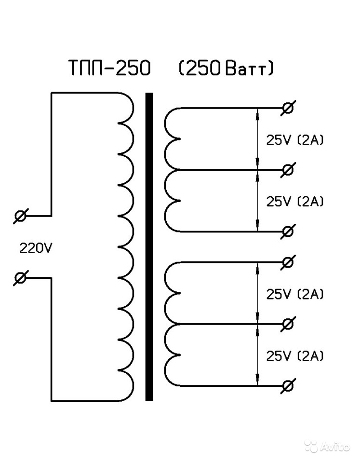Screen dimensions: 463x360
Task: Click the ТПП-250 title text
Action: click(109, 69)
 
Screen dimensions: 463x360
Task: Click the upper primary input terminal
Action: click(21, 216)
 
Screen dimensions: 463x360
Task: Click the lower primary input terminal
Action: click(21, 278)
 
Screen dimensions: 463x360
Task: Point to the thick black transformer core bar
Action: click(149, 246)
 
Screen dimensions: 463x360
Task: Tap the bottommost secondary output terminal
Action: click(288, 386)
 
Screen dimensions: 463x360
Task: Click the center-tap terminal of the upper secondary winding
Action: click(288, 170)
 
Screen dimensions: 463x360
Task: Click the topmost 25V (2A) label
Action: click(295, 140)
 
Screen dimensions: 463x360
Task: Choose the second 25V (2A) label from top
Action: click(295, 201)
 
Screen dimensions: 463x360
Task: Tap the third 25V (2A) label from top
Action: click(295, 294)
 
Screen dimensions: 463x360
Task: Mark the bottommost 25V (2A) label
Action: click(295, 356)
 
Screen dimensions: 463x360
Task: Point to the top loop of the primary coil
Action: click(126, 107)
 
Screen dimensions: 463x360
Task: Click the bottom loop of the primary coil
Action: click(126, 384)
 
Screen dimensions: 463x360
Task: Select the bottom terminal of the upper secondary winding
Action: click(288, 231)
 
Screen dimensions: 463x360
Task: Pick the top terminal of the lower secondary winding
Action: click(288, 262)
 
